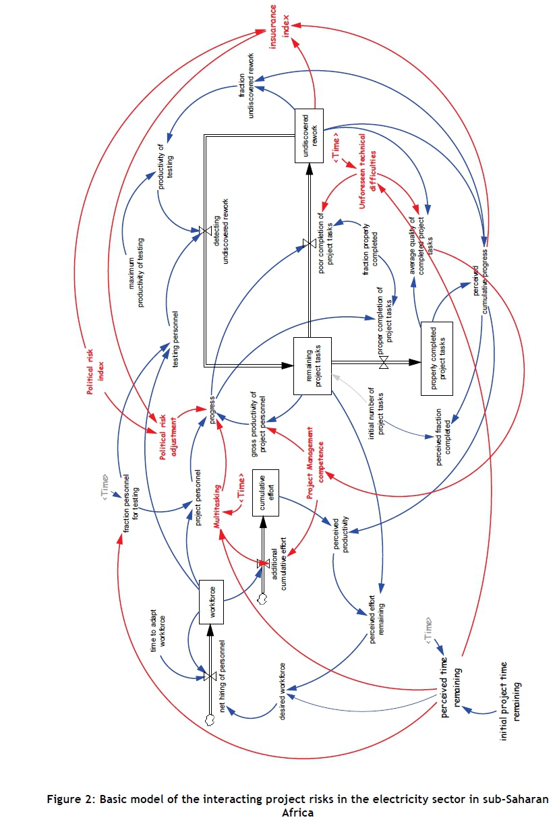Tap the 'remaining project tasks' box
coord(313,366)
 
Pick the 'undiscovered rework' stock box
coord(310,136)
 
